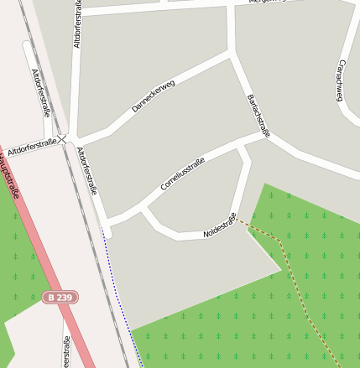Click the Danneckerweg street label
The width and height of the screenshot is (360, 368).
tap(153, 96)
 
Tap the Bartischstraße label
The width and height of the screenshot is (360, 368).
tap(258, 115)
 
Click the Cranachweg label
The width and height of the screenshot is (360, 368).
tap(340, 80)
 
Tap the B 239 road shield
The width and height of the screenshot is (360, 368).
tap(60, 297)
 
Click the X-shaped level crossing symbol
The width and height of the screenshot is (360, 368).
tap(62, 138)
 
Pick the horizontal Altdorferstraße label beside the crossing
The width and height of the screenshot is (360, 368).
tap(30, 143)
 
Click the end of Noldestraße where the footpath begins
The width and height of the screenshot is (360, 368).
tap(235, 218)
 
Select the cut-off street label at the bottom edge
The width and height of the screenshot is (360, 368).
tap(66, 352)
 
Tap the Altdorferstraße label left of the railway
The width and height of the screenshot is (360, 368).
tap(41, 91)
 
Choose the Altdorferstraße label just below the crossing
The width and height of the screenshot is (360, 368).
tap(87, 170)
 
